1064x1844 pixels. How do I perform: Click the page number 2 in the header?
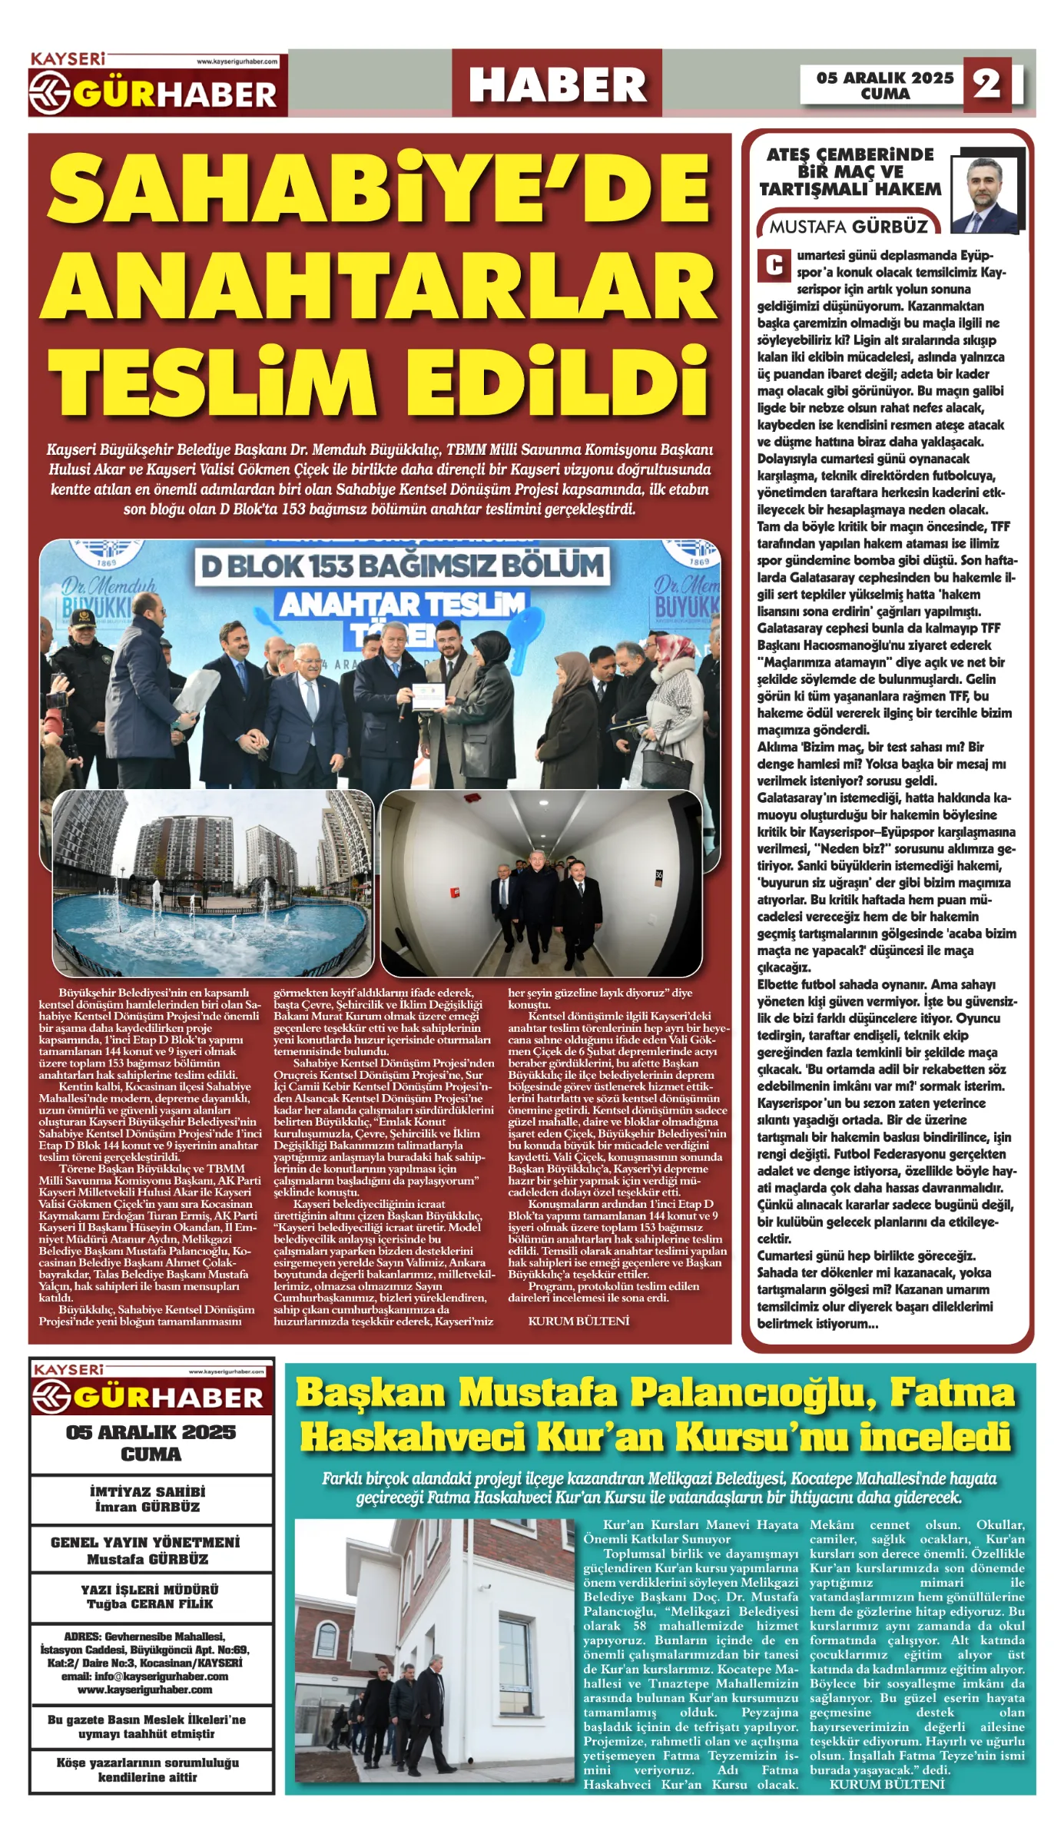987,83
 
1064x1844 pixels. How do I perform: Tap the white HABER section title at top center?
557,84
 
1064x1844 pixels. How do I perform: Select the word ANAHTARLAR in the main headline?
378,285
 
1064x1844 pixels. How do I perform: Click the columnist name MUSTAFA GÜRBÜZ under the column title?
849,227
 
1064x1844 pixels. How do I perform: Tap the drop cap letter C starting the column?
774,265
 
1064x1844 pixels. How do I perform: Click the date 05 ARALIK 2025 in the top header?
885,78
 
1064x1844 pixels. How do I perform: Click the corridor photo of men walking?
542,884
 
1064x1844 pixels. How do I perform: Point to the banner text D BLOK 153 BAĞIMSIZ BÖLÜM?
402,566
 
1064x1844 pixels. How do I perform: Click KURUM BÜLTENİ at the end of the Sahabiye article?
578,1321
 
